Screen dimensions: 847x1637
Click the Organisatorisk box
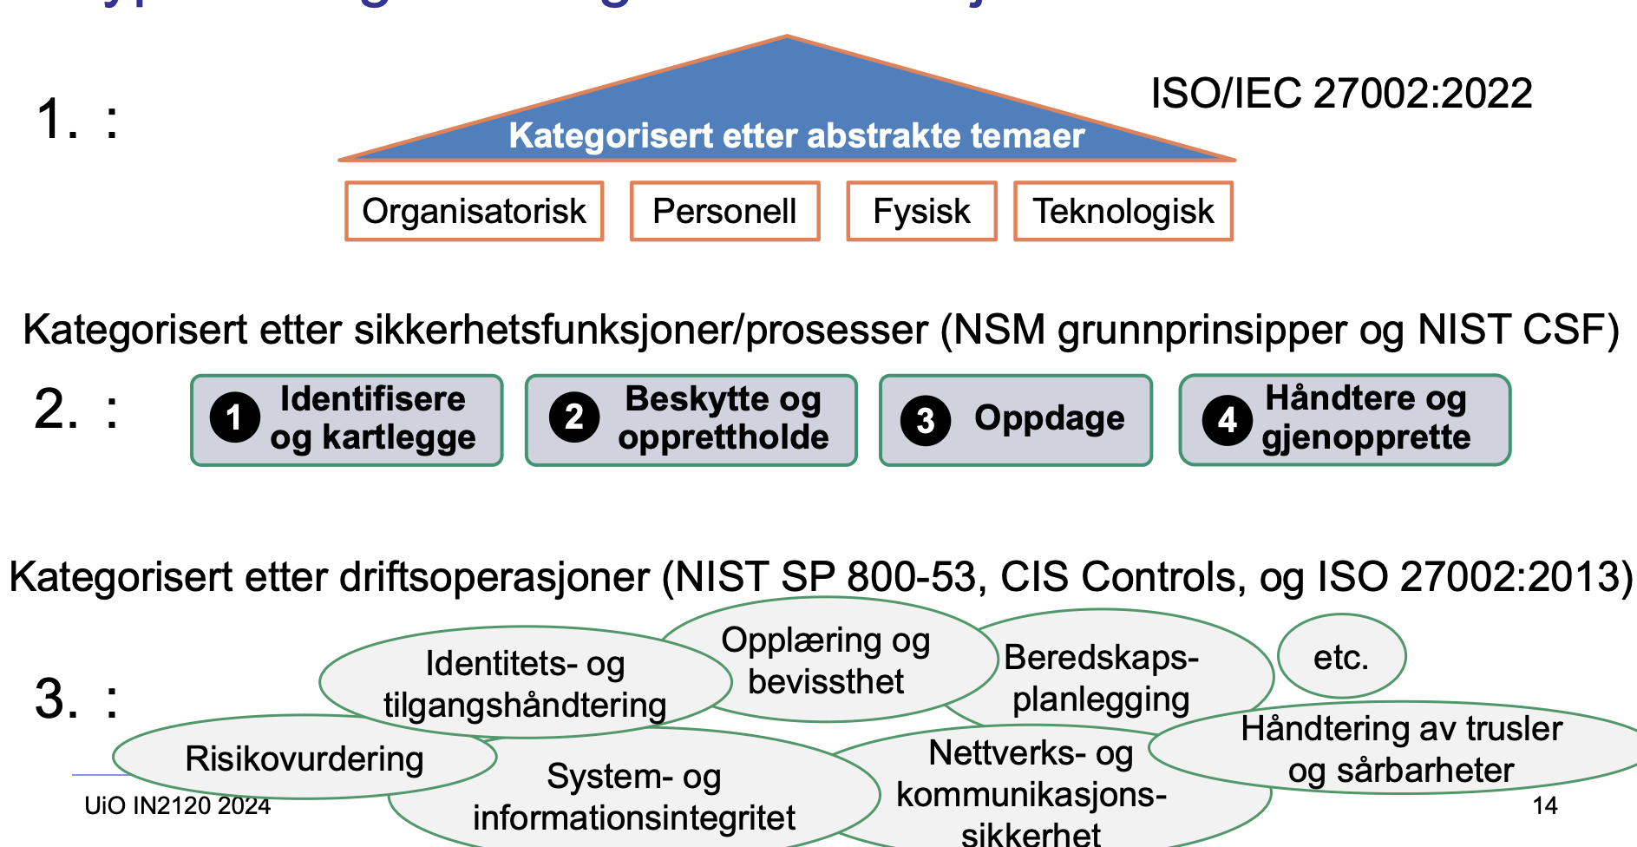474,211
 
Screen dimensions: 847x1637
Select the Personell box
724,211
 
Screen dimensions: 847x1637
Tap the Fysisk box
921,211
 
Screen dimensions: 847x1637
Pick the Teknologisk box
1123,211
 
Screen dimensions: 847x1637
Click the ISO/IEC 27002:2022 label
1341,94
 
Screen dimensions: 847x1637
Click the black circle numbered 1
234,417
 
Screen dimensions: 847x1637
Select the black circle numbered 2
573,417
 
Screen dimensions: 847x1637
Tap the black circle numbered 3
926,421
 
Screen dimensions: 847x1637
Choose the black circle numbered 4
1227,420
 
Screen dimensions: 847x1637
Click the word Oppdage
1049,418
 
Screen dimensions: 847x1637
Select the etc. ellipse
1341,657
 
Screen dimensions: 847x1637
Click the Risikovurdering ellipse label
304,758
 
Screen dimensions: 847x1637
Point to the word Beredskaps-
1101,657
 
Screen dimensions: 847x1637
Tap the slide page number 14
1544,805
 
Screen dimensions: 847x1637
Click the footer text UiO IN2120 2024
177,806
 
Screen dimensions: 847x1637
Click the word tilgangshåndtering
525,705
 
